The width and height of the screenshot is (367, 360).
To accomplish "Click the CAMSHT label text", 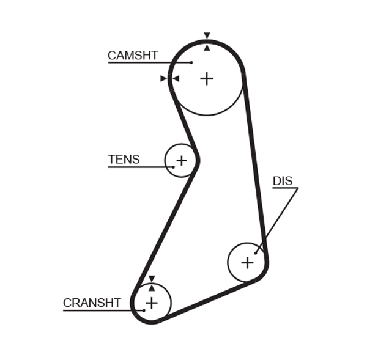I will [133, 56].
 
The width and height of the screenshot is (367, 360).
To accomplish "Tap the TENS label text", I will [124, 160].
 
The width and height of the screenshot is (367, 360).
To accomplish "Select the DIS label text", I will [283, 181].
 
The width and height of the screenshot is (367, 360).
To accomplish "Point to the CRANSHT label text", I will [92, 303].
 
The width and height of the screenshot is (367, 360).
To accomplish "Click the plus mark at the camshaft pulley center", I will [207, 78].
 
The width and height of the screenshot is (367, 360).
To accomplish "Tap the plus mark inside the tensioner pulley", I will [181, 161].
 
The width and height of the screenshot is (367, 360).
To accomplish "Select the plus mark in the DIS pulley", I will [247, 263].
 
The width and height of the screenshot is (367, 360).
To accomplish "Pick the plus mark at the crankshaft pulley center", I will [151, 303].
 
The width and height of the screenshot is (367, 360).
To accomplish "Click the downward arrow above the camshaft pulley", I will [207, 35].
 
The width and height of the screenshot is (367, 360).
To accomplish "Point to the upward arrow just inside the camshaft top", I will [207, 47].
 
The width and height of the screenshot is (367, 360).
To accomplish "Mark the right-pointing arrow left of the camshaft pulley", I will [163, 78].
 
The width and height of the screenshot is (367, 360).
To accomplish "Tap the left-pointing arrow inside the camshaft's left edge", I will [176, 78].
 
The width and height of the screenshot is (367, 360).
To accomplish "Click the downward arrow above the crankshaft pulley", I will [151, 279].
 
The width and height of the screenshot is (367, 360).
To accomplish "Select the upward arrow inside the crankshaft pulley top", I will [151, 288].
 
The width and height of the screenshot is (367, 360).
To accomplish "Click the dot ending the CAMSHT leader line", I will [191, 62].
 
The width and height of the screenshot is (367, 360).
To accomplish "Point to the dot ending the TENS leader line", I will [173, 167].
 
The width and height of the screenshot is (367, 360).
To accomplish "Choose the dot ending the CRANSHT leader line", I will [144, 310].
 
